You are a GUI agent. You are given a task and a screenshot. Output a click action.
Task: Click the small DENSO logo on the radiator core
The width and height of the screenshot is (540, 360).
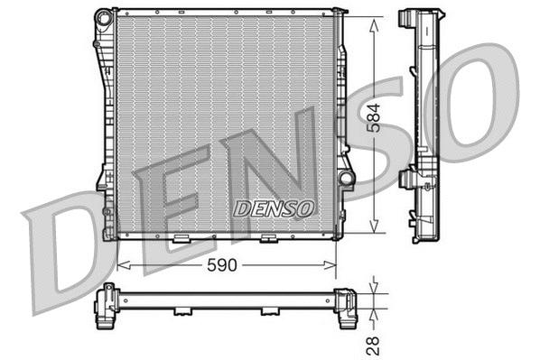pyautogui.click(x=274, y=208)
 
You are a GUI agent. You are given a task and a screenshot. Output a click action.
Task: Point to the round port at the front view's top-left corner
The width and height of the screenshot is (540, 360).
pyautogui.click(x=106, y=17)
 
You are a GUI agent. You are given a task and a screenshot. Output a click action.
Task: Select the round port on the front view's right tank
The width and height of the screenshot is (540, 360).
pyautogui.click(x=346, y=178)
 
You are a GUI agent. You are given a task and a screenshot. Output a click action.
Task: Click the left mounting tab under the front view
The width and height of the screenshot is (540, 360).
pyautogui.click(x=181, y=239)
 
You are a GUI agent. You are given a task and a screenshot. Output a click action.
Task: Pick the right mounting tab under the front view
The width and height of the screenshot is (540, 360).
pyautogui.click(x=267, y=239)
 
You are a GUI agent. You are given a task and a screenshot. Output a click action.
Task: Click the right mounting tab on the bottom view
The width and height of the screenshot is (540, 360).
pyautogui.click(x=268, y=311)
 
